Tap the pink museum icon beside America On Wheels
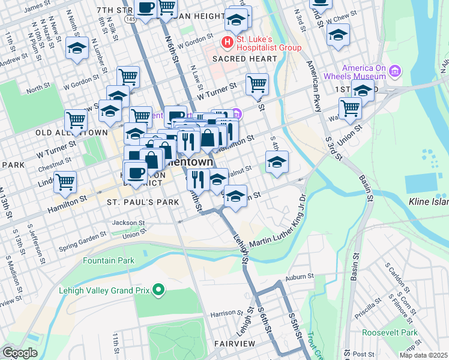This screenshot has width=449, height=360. [394, 72]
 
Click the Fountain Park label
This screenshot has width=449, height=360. [108, 261]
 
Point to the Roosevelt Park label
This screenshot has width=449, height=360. [393, 332]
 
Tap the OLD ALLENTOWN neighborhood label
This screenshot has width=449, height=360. [71, 132]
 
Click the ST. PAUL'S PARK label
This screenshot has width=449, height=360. [143, 203]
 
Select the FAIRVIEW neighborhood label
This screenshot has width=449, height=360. [235, 344]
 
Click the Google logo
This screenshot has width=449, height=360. [20, 353]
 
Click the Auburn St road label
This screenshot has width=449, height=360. [300, 277]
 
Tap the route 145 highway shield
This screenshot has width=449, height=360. [130, 20]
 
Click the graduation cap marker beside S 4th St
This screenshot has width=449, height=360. [277, 163]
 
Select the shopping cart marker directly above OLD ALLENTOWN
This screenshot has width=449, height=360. [76, 120]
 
